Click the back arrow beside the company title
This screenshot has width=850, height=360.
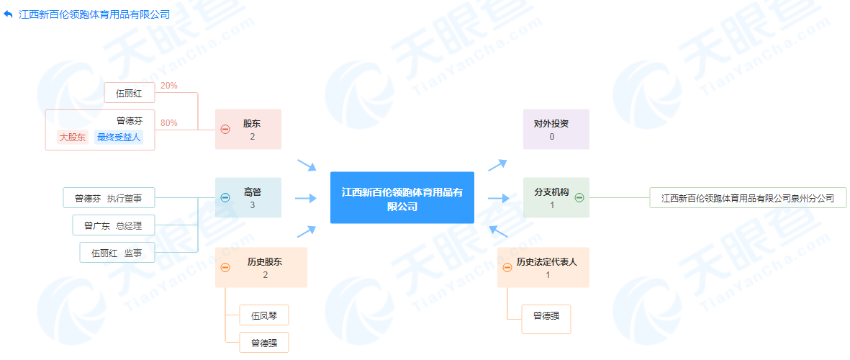click(8, 14)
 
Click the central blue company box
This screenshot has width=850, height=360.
click(402, 198)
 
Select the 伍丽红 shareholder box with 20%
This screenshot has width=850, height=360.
click(129, 93)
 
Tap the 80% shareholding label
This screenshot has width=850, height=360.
click(169, 122)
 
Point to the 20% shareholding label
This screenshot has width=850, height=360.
click(169, 85)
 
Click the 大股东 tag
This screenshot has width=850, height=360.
click(73, 138)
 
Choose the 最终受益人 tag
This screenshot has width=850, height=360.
click(119, 138)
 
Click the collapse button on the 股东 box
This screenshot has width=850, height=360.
click(225, 129)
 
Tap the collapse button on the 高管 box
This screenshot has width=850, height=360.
click(225, 198)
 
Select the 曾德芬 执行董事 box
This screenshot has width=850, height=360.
click(109, 198)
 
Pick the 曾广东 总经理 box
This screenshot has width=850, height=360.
click(113, 225)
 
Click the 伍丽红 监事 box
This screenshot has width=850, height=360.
click(117, 253)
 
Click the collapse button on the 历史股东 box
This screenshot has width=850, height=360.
click(225, 267)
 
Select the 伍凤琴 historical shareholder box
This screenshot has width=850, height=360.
click(264, 315)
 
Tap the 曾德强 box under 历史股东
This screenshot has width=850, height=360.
click(264, 342)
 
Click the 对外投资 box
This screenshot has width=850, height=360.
click(556, 129)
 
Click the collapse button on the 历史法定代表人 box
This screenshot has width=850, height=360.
click(507, 267)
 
